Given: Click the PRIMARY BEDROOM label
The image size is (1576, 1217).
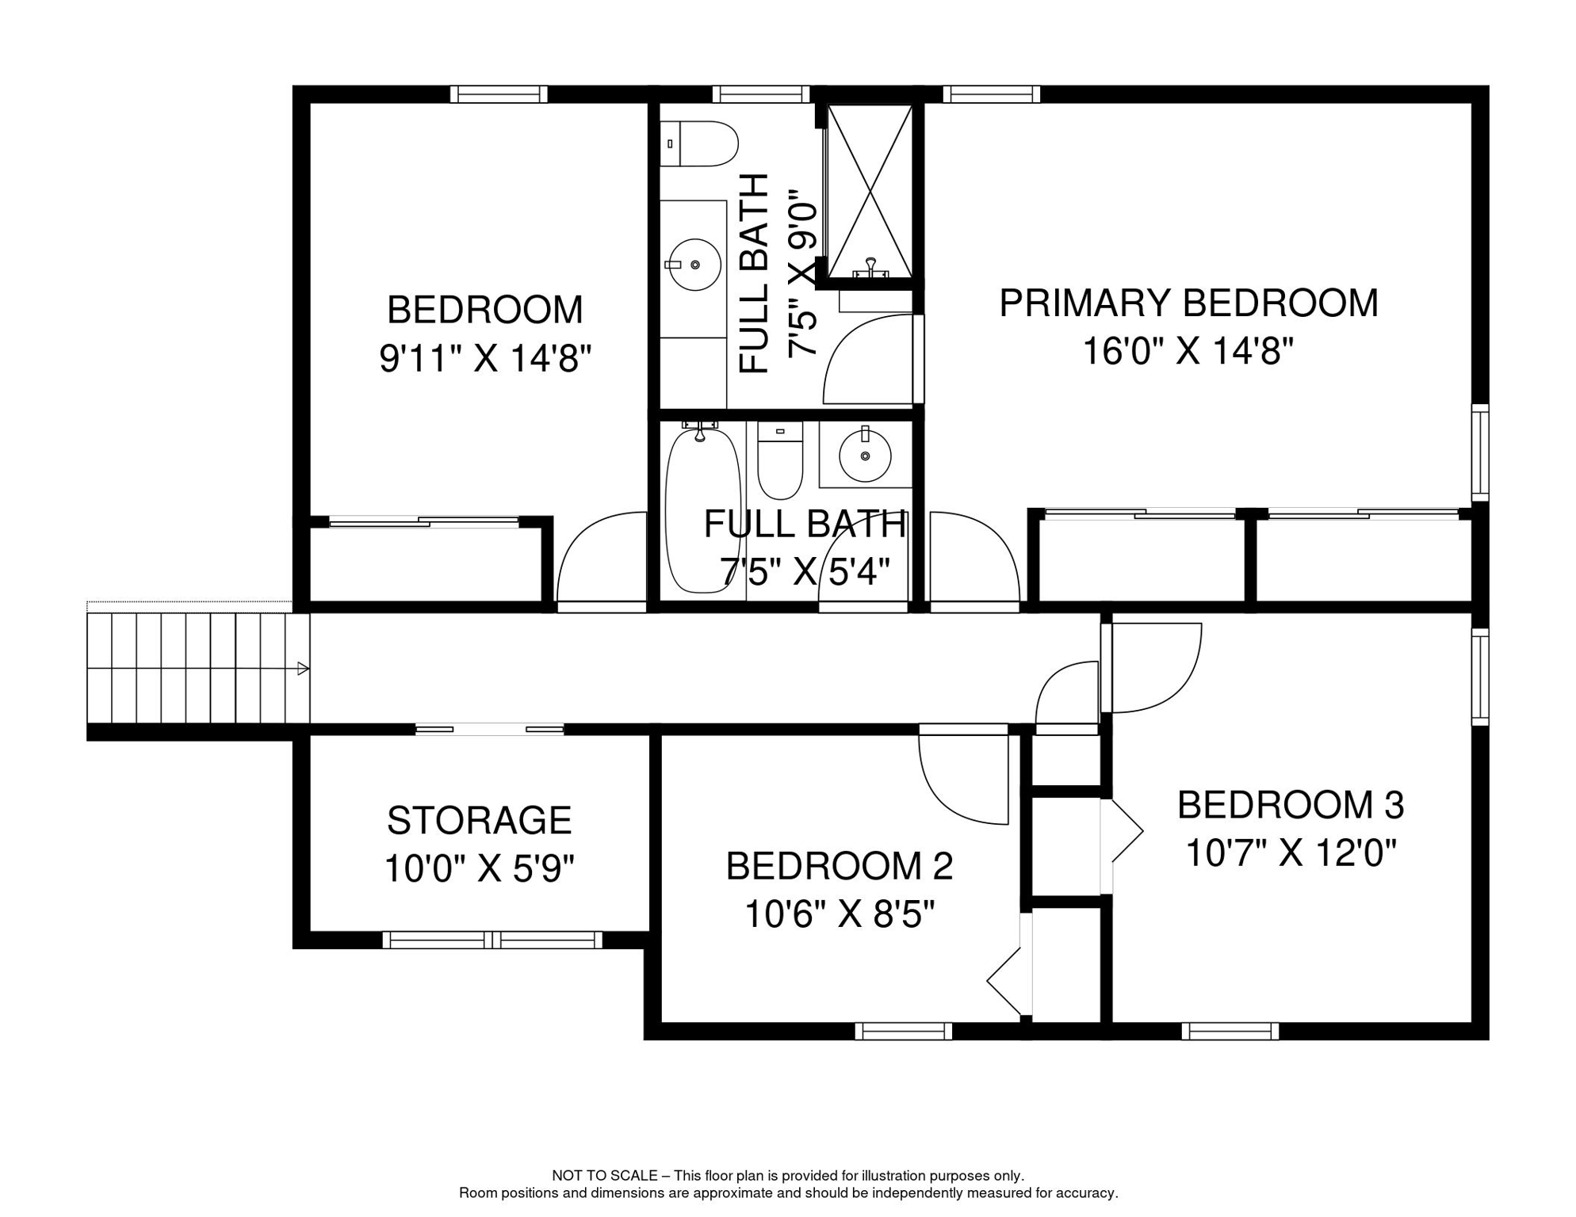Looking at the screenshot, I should click(1188, 303).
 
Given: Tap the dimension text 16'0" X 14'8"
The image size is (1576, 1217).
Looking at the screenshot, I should click(1188, 351).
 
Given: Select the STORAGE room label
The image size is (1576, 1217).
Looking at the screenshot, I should click(479, 821).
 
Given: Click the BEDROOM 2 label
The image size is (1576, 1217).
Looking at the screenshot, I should click(839, 866).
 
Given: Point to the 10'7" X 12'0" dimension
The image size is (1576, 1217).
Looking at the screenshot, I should click(1290, 854).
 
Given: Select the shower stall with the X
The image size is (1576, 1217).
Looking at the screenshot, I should click(870, 191).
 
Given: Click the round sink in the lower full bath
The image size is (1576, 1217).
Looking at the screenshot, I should click(865, 456).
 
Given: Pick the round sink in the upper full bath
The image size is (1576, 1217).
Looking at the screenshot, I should click(694, 265).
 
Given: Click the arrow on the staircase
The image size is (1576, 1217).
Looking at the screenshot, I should click(302, 669).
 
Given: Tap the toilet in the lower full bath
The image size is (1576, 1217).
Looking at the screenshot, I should click(780, 461).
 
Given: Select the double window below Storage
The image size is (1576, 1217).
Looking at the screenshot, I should click(492, 940).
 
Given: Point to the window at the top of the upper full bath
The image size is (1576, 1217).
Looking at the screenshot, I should click(760, 94).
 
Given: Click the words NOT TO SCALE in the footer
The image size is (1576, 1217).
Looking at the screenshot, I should click(604, 1176).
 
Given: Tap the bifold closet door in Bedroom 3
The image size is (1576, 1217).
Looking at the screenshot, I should click(1124, 831).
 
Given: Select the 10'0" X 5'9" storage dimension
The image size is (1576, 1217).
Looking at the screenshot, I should click(479, 869).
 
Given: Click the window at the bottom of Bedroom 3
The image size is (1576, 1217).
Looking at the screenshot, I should click(1230, 1031).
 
